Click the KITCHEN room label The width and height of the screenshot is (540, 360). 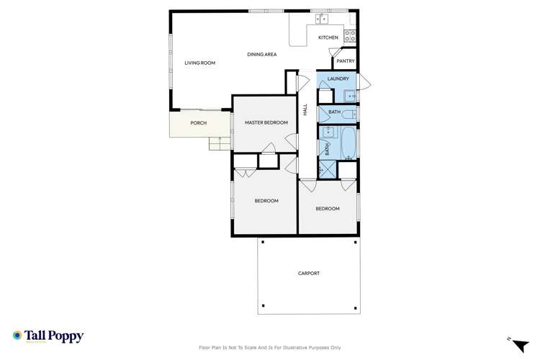pos(328,37)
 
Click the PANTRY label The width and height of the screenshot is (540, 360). pos(346,61)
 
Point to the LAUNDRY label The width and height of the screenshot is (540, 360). pos(338,78)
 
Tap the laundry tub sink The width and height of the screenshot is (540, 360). pos(349,94)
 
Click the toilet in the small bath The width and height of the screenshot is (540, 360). pos(348,113)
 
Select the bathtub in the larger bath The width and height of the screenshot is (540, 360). pos(348,142)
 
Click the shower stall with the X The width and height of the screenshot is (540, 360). pos(328,169)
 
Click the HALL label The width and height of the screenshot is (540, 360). pos(305,110)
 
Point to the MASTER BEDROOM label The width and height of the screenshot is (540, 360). pos(266,122)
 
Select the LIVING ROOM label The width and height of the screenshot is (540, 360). pos(199,63)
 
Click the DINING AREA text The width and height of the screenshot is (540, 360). pos(261,54)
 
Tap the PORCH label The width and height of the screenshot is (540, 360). pos(198,123)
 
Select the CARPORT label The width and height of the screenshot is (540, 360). pos(308,274)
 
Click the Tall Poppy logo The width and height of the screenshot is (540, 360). pos(48,336)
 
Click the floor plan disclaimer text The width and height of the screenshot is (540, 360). pos(270,348)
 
